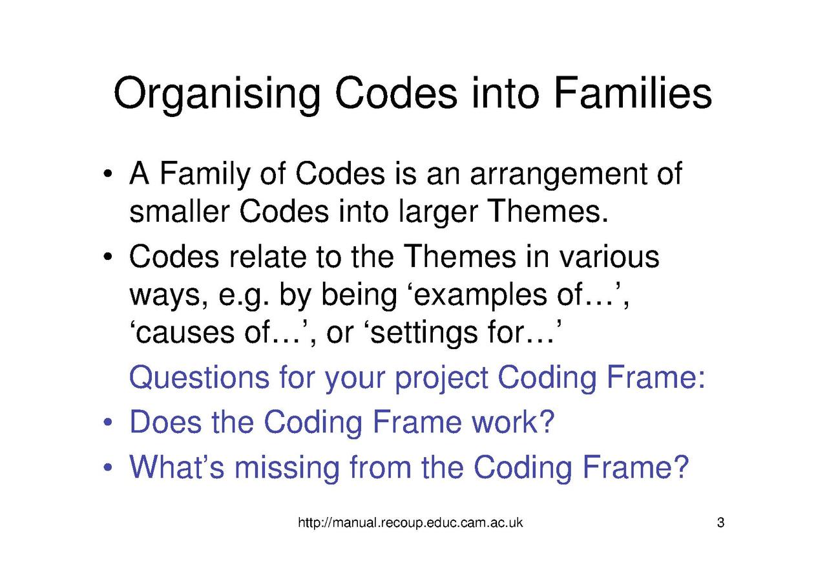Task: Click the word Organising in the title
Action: tap(217, 94)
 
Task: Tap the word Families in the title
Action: tap(631, 93)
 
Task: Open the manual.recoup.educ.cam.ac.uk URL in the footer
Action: tap(410, 523)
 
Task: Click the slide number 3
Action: tap(720, 523)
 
